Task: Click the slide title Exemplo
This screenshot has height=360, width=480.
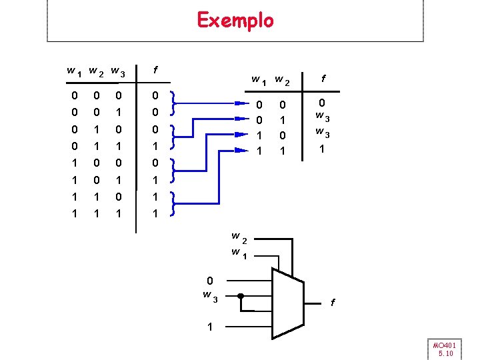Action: [x=235, y=21]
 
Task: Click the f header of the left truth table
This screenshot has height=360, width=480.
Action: [x=155, y=69]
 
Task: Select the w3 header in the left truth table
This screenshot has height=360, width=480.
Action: [x=117, y=71]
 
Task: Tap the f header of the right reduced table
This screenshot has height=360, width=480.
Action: [x=323, y=78]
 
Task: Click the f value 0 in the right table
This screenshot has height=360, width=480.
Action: [x=322, y=103]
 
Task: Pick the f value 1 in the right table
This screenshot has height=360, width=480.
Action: [x=322, y=149]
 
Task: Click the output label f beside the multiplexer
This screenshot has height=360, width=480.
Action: [x=333, y=303]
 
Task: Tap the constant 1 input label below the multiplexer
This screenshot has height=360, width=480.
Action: [x=210, y=327]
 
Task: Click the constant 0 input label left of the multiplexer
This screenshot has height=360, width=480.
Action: [x=209, y=281]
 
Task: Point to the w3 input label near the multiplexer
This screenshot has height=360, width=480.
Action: [x=210, y=295]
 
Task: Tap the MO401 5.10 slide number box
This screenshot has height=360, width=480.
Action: [x=444, y=349]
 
